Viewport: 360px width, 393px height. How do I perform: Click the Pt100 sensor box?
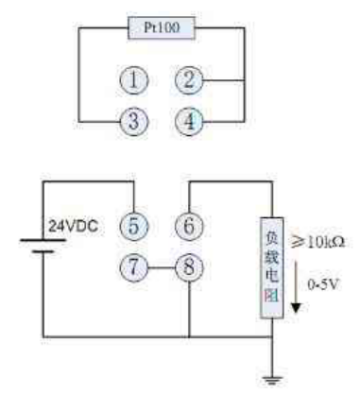[161, 28]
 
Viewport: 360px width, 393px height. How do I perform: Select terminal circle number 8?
[188, 267]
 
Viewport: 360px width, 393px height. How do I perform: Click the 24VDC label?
[71, 227]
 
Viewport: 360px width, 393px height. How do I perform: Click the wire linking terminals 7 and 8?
[162, 267]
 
